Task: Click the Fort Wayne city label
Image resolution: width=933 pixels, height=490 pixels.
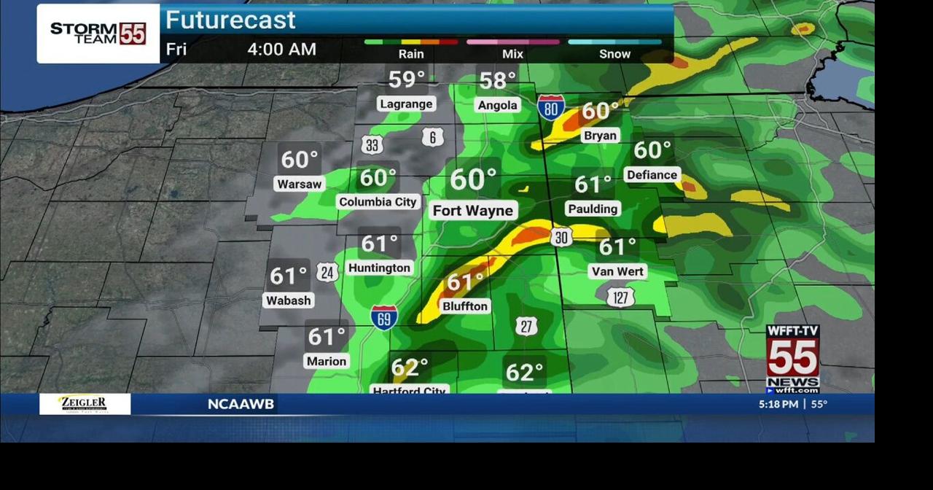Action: [x=473, y=211]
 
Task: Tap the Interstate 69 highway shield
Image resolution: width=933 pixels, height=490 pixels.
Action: [x=384, y=317]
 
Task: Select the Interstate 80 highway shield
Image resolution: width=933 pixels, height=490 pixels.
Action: [x=551, y=108]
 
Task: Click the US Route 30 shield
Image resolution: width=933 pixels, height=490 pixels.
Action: [x=561, y=238]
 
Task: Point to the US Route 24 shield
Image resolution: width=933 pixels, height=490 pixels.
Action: [x=327, y=273]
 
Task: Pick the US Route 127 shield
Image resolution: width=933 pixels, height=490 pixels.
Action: [x=620, y=297]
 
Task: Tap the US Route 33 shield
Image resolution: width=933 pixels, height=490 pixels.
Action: [x=372, y=144]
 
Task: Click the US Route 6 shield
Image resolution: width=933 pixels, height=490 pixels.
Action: [x=433, y=137]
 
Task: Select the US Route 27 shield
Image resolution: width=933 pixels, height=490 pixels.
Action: [x=526, y=326]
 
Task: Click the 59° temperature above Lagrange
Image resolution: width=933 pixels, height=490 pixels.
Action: [x=406, y=79]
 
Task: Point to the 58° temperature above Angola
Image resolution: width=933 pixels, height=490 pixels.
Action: [x=497, y=79]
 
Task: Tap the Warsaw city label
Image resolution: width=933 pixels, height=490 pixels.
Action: [x=300, y=184]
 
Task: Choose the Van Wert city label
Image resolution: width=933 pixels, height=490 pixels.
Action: [x=617, y=271]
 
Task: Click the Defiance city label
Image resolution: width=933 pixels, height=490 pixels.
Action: [x=652, y=175]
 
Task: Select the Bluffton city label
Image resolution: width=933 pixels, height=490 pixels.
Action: [x=465, y=306]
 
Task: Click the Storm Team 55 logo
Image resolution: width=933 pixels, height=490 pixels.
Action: [x=98, y=34]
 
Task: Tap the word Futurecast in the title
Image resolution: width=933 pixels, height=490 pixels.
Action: [x=230, y=20]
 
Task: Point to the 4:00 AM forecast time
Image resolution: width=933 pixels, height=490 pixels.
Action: [x=281, y=50]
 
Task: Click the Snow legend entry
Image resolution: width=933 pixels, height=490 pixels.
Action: [x=614, y=54]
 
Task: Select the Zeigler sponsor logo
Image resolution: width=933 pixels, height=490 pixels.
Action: [x=85, y=404]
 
